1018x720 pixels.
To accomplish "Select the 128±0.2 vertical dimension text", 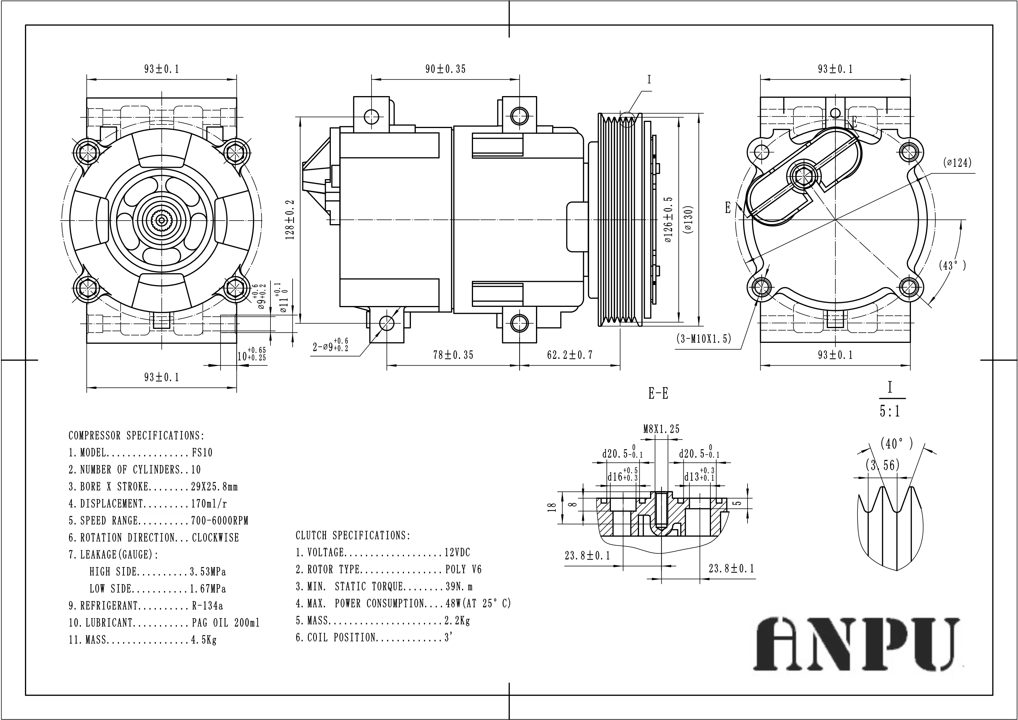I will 290,219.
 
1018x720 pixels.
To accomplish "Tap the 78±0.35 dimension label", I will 453,355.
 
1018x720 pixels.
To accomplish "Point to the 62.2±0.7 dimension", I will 569,355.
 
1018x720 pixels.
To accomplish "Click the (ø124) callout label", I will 957,163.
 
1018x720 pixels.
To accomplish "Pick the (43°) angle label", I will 952,265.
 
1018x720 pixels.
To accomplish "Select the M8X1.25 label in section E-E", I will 661,429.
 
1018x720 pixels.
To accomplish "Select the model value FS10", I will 202,453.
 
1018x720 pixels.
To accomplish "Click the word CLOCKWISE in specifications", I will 216,538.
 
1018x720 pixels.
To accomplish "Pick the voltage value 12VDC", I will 457,552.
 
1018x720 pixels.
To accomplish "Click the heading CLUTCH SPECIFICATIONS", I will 353,535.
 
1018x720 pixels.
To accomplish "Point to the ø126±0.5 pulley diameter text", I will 669,219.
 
